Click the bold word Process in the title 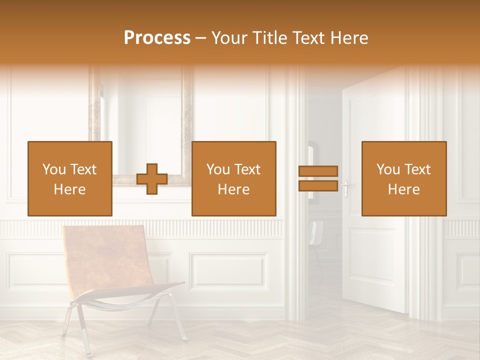157,38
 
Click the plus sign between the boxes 152,179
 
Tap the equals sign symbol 318,178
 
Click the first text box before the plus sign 70,178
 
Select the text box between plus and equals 233,178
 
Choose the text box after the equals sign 403,178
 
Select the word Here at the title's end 350,38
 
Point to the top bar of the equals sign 318,171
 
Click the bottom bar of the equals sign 318,186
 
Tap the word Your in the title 230,38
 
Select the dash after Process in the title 200,38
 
